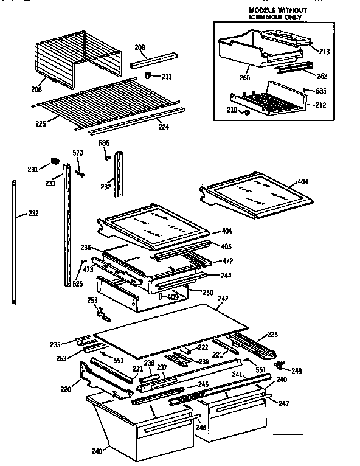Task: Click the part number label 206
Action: pos(36,89)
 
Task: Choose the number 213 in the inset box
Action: pos(324,52)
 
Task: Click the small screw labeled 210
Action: pos(246,111)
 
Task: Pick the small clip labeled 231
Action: pos(54,162)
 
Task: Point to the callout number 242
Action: pos(223,299)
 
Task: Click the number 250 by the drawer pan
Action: pos(207,292)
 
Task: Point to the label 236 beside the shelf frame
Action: pos(86,248)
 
